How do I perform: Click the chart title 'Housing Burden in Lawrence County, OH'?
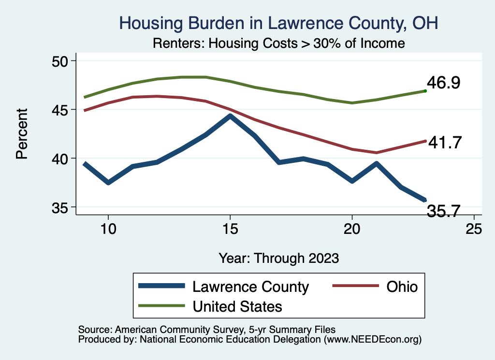tap(278, 23)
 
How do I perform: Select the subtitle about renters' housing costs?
tap(278, 43)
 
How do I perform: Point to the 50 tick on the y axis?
tap(61, 61)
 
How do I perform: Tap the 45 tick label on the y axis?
tap(61, 110)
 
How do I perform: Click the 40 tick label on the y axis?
tap(61, 158)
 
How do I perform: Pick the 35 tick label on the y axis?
tap(61, 207)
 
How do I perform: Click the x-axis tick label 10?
tap(108, 229)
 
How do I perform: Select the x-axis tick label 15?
tap(230, 229)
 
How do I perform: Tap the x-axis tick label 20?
tap(352, 229)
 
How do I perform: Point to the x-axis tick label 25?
tap(474, 229)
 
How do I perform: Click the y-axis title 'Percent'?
tap(22, 134)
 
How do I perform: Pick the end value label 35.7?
tap(443, 211)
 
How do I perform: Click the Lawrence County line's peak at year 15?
tap(230, 116)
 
